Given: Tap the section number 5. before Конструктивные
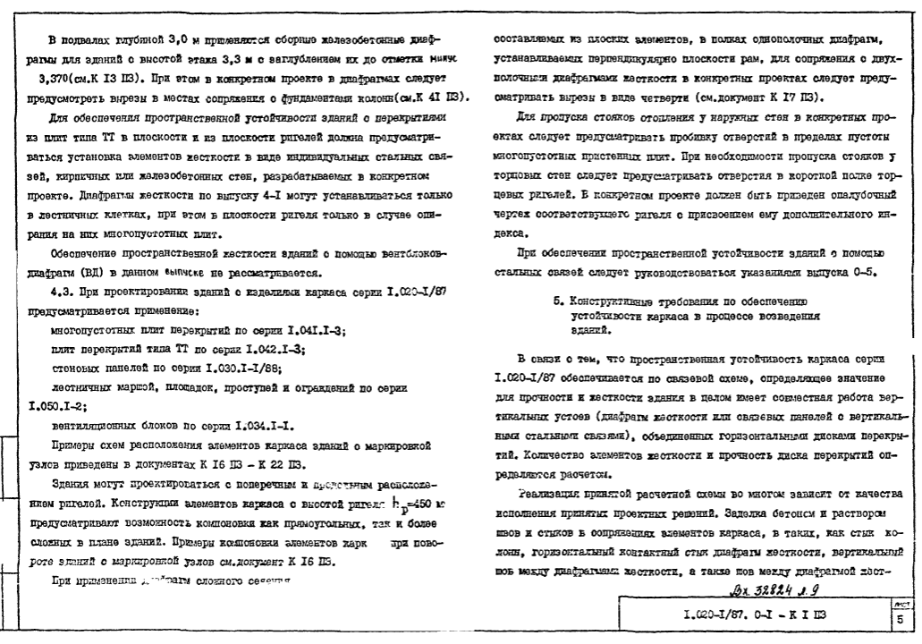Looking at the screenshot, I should [x=558, y=301].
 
